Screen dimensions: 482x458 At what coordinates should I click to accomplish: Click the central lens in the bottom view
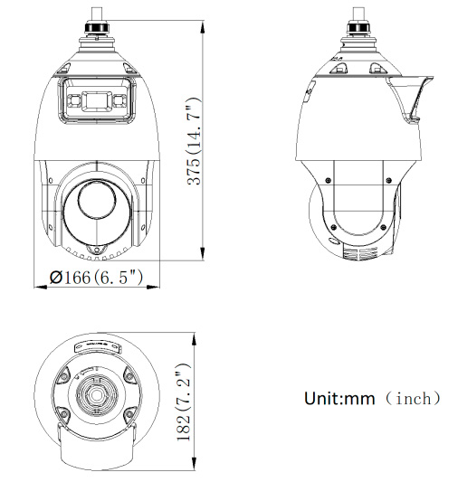pyautogui.click(x=94, y=395)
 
